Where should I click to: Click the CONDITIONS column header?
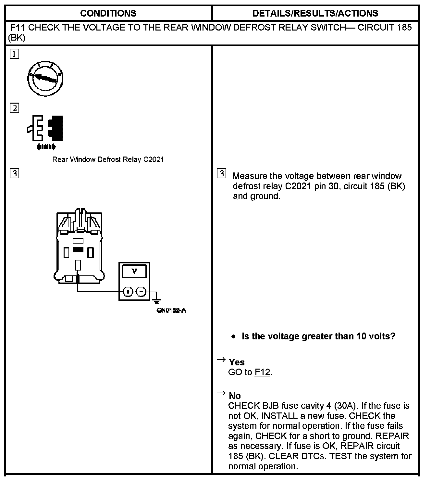[x=108, y=13]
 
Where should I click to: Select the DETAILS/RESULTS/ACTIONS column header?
[x=315, y=13]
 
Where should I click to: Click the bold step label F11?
[x=18, y=28]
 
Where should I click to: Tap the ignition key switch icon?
[x=45, y=79]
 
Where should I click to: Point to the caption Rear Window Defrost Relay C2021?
[x=108, y=159]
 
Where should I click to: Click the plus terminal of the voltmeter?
[x=128, y=292]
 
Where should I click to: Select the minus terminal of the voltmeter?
[x=141, y=292]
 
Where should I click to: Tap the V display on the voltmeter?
[x=134, y=271]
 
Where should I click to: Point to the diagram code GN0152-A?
[x=171, y=310]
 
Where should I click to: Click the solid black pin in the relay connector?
[x=78, y=250]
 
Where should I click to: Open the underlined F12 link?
[x=262, y=372]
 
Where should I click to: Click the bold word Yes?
[x=237, y=362]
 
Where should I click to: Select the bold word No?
[x=235, y=396]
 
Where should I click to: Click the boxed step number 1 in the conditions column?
[x=14, y=54]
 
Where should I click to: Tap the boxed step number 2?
[x=14, y=108]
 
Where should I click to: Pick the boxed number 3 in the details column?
[x=221, y=174]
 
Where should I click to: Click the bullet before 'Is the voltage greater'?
[x=234, y=336]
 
